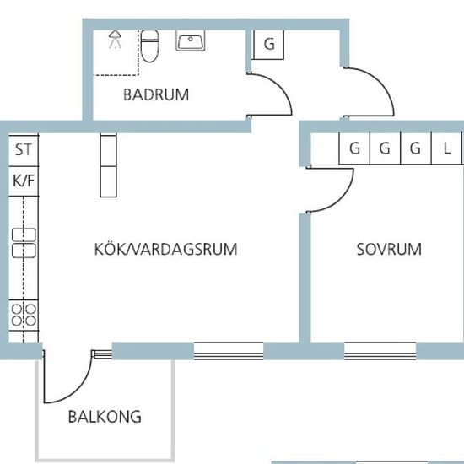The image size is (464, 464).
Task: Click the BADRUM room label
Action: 156,94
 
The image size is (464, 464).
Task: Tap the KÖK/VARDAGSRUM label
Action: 165,250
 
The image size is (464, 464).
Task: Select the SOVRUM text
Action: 388,250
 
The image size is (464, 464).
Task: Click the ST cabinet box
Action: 23,151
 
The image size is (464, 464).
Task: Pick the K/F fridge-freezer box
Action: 23,181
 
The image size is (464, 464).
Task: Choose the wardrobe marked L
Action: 446,149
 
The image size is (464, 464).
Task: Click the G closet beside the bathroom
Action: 269,45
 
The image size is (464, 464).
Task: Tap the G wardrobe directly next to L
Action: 415,149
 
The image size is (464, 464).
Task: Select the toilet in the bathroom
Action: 150,47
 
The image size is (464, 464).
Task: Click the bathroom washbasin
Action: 192,41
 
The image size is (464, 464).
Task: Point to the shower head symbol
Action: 115,37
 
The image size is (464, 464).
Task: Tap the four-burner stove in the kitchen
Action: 24,316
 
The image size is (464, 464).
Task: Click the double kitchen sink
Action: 23,242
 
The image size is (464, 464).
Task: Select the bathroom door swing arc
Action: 274,94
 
